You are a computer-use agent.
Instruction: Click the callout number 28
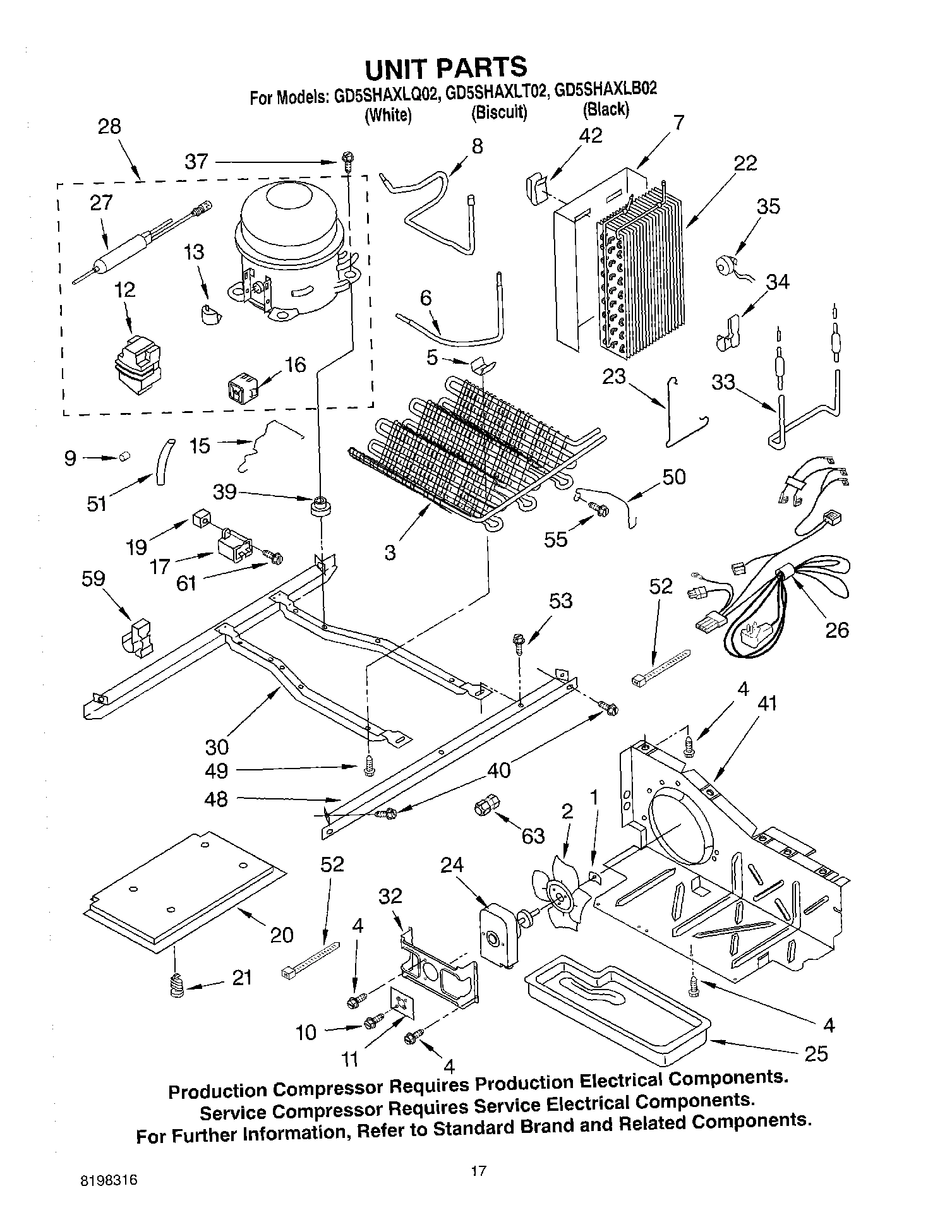pyautogui.click(x=109, y=126)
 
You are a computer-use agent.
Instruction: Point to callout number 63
pyautogui.click(x=533, y=835)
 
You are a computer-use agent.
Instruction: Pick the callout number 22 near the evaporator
pyautogui.click(x=745, y=163)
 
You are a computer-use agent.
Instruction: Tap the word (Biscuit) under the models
pyautogui.click(x=498, y=113)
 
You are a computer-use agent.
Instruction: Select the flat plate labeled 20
pyautogui.click(x=183, y=890)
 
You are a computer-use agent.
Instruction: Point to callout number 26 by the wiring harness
pyautogui.click(x=837, y=629)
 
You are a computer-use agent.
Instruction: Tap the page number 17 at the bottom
pyautogui.click(x=478, y=1171)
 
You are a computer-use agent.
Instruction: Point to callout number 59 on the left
pyautogui.click(x=93, y=578)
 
